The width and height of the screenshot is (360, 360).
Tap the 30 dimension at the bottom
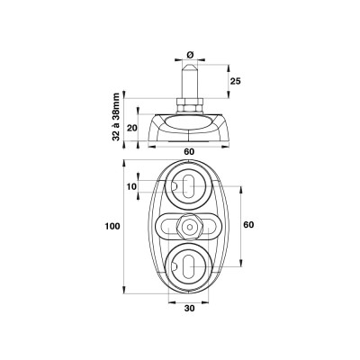click(x=189, y=310)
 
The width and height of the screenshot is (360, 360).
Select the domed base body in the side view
click(x=190, y=128)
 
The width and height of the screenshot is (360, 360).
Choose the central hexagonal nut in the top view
click(x=190, y=225)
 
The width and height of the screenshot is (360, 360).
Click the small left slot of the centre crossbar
click(x=169, y=226)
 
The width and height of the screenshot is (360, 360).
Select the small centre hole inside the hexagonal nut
click(x=190, y=225)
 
